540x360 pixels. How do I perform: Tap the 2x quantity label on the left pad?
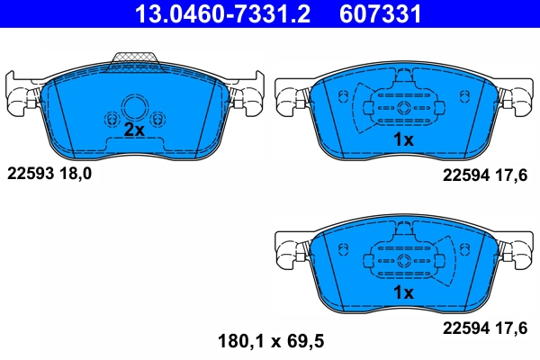click(133, 130)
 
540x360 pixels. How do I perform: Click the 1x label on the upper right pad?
click(402, 139)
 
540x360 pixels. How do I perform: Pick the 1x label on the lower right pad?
click(402, 292)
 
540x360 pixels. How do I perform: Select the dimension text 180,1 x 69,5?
click(270, 341)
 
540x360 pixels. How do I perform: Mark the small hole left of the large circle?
click(111, 119)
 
